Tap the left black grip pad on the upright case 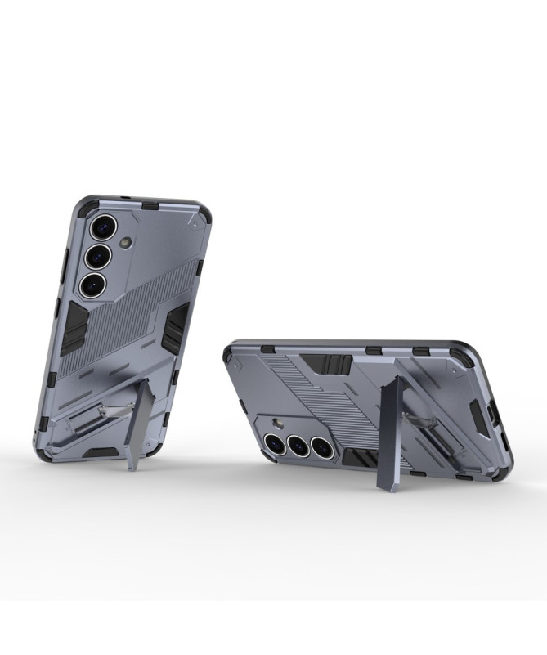pyautogui.click(x=74, y=328)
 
